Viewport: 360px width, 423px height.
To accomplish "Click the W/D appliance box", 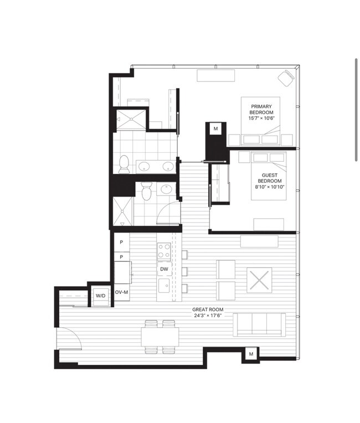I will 101,296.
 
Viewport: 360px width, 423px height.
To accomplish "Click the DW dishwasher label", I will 164,270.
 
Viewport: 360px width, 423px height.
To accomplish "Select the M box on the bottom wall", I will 250,354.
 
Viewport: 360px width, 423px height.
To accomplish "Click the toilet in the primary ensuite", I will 124,163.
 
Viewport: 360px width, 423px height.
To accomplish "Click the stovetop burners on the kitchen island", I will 164,252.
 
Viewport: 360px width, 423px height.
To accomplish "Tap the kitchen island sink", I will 164,285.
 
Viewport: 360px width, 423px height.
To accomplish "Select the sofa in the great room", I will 260,324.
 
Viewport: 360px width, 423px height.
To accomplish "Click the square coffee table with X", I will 259,280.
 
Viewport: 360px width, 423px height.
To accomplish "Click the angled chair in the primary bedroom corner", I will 287,78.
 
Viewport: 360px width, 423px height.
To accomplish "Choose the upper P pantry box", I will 121,243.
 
